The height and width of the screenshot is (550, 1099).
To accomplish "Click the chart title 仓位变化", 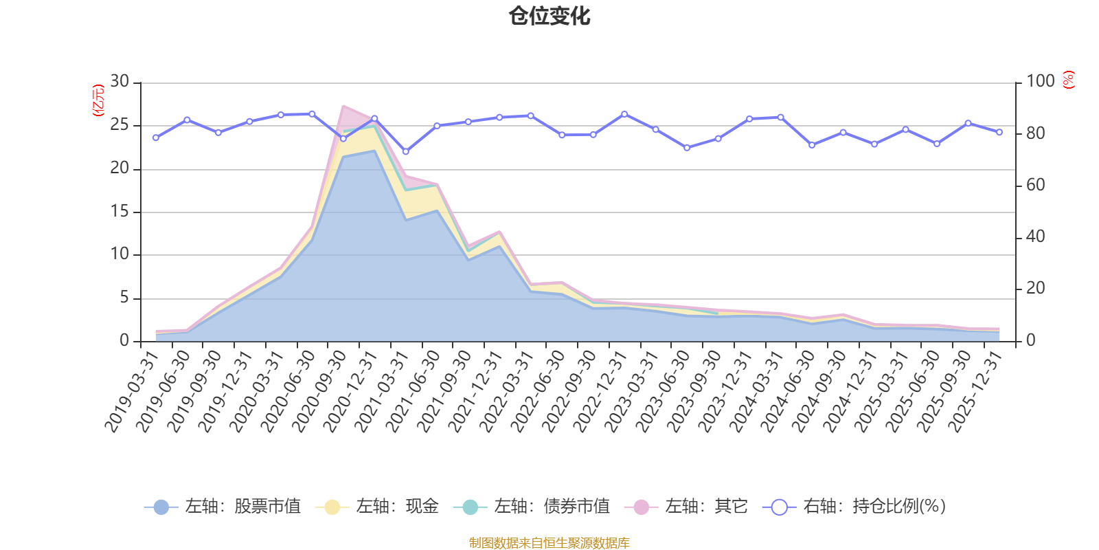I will point(549,16).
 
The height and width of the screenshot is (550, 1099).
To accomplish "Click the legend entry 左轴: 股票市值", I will point(223,507).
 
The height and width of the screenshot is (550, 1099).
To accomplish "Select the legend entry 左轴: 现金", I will point(377,507).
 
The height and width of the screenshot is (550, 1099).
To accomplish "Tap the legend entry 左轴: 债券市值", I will point(532,507).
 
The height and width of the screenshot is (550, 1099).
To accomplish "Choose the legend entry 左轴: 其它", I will point(686,507).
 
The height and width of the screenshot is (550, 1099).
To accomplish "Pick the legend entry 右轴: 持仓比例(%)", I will point(854,507).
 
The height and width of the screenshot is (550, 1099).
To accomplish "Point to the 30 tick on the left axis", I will point(120,82).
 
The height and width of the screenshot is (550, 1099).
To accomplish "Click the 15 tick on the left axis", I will point(120,212).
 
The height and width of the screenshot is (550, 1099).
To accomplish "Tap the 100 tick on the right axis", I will point(1040,82).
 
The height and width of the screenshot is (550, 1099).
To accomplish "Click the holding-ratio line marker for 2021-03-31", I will point(405,151).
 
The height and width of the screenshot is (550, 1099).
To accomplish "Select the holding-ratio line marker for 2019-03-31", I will point(156,137).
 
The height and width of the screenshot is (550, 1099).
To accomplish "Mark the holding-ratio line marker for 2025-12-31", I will point(999,132).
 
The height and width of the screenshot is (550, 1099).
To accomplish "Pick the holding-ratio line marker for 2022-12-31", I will point(624,114).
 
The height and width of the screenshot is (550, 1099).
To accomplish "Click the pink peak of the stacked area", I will point(343,107).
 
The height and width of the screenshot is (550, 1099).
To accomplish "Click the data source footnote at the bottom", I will point(549,543).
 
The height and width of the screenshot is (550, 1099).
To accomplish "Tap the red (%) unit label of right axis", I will point(1068,80).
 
